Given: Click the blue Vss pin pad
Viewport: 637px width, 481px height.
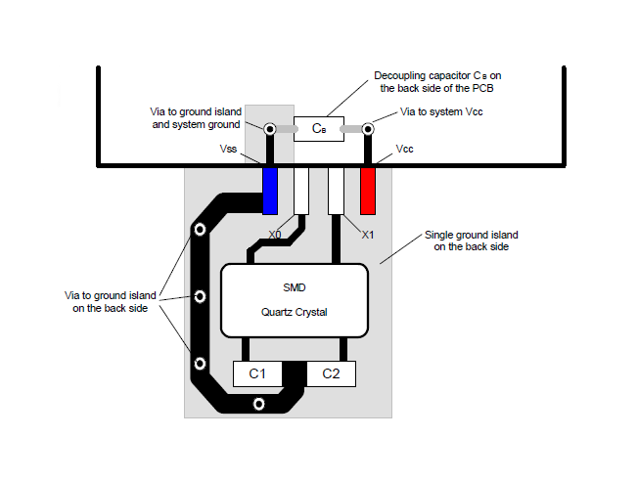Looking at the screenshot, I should pyautogui.click(x=271, y=190).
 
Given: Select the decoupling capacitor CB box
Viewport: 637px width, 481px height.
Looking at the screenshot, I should pyautogui.click(x=319, y=129).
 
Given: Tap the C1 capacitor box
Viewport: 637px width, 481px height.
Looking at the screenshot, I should pyautogui.click(x=257, y=373).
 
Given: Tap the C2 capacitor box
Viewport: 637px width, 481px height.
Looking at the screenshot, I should pyautogui.click(x=331, y=373).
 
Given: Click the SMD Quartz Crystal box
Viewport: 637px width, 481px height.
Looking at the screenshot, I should pyautogui.click(x=295, y=300).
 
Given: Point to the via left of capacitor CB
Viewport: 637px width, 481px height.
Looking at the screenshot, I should pyautogui.click(x=269, y=128).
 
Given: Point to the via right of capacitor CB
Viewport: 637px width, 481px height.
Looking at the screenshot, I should pyautogui.click(x=369, y=128).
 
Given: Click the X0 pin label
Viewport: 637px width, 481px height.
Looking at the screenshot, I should pyautogui.click(x=275, y=236).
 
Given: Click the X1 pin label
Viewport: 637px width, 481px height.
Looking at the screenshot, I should pyautogui.click(x=368, y=236).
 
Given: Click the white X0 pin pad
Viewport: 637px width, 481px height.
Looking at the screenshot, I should pyautogui.click(x=301, y=190).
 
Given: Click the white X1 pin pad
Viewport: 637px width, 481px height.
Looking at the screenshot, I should pyautogui.click(x=336, y=190).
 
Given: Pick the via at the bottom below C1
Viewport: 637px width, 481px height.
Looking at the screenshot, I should pyautogui.click(x=258, y=403).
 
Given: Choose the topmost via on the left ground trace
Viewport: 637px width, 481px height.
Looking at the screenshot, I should pyautogui.click(x=200, y=231).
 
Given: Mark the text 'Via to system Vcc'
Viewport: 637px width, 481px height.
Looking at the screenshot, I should pyautogui.click(x=441, y=112).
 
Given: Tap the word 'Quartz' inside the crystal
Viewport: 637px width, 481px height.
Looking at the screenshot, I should pyautogui.click(x=277, y=313).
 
